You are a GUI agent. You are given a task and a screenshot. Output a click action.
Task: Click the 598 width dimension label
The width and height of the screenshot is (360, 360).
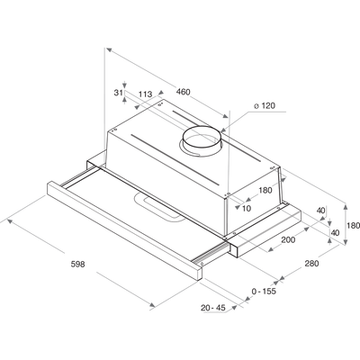pyautogui.click(x=78, y=265)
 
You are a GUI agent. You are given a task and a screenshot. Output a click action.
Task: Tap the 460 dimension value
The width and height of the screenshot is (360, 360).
pyautogui.click(x=183, y=92)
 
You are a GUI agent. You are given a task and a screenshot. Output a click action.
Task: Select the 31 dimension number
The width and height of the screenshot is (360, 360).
pyautogui.click(x=118, y=93)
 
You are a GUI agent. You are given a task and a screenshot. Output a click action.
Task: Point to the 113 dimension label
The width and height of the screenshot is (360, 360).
pyautogui.click(x=146, y=94)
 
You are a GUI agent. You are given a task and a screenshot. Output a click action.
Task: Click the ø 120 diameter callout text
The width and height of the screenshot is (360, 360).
pyautogui.click(x=265, y=105)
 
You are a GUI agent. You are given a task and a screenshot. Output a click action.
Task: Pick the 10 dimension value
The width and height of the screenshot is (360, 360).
pyautogui.click(x=247, y=208)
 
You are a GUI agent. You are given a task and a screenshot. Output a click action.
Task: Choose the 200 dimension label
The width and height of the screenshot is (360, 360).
pyautogui.click(x=288, y=239)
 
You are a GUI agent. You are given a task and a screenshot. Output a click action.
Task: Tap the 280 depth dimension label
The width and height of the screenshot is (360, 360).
pyautogui.click(x=312, y=264)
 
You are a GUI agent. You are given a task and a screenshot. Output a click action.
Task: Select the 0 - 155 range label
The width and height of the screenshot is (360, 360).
pyautogui.click(x=264, y=291)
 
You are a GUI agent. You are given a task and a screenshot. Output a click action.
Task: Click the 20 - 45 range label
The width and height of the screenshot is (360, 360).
pyautogui.click(x=213, y=308)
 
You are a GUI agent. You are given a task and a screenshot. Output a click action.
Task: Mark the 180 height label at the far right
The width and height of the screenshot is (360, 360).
pyautogui.click(x=355, y=225)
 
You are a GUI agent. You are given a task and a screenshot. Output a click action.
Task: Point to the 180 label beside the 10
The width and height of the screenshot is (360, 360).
pyautogui.click(x=265, y=190)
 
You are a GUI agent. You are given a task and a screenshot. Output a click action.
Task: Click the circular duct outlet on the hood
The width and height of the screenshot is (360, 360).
pyautogui.click(x=202, y=140)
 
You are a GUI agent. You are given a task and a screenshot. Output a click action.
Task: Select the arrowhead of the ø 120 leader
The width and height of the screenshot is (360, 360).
pyautogui.click(x=223, y=130)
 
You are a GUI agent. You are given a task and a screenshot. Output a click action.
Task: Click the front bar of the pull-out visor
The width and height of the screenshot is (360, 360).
pyautogui.click(x=124, y=230)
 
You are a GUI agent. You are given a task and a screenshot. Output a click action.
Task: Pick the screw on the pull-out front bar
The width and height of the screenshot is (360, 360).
pyautogui.click(x=202, y=264)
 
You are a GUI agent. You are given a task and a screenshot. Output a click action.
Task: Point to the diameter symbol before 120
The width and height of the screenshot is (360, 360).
pyautogui.click(x=256, y=106)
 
